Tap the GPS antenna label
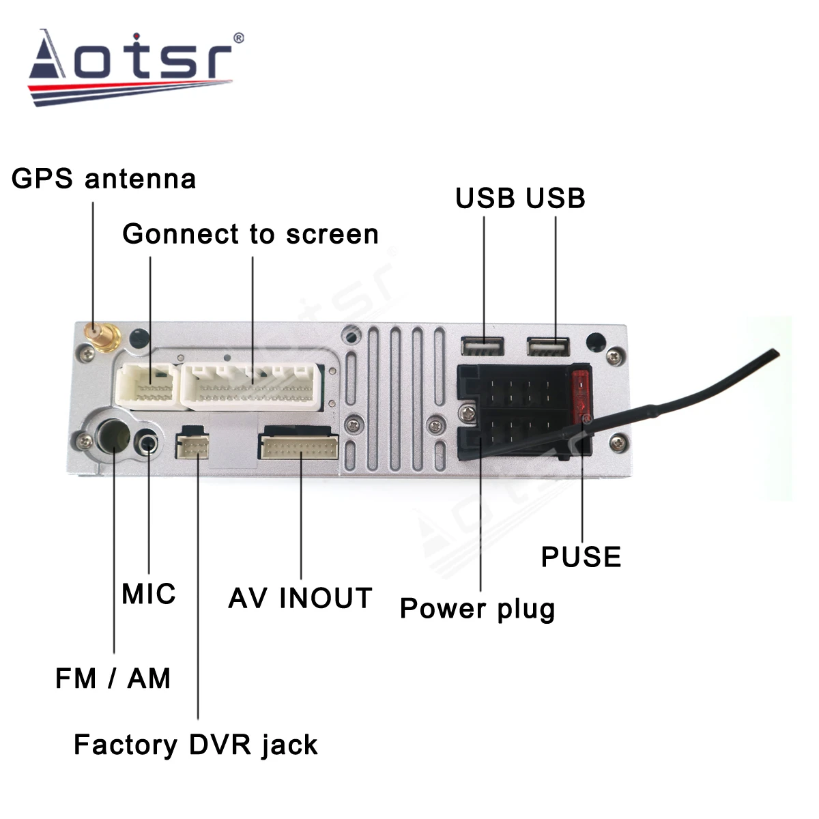click(104, 179)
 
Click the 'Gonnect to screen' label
click(250, 234)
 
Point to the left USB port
click(483, 347)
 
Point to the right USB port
click(548, 347)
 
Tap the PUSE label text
click(581, 557)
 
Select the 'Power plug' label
click(477, 608)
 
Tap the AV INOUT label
click(300, 599)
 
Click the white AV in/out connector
click(298, 447)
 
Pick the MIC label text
click(149, 594)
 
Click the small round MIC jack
click(148, 444)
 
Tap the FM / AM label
click(113, 678)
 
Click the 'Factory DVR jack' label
click(195, 745)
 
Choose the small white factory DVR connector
click(192, 446)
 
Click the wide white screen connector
click(251, 386)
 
